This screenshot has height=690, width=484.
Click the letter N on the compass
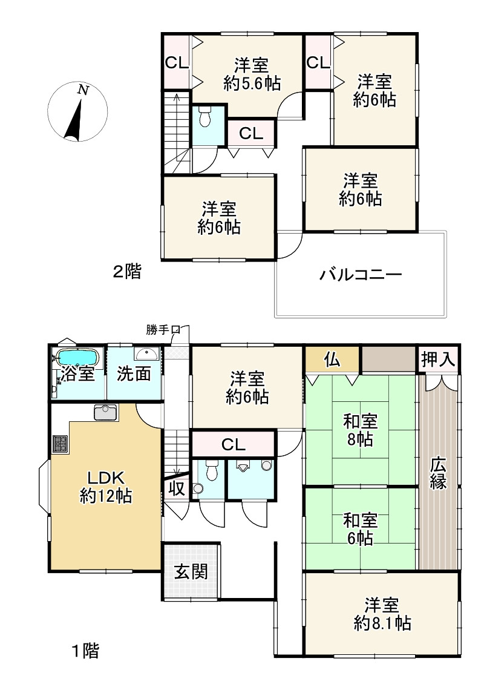click(x=83, y=91)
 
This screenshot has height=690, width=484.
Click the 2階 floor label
click(x=127, y=272)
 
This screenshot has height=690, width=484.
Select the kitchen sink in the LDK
click(x=106, y=412)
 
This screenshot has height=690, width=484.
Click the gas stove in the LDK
click(x=60, y=444)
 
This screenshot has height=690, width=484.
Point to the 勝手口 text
click(x=163, y=330)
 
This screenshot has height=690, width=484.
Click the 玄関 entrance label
click(x=191, y=571)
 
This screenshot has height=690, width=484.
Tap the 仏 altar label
click(x=333, y=360)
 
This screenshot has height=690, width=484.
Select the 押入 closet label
click(x=437, y=360)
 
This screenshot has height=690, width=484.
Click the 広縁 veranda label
click(x=439, y=474)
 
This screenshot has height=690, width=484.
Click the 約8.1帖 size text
click(x=382, y=622)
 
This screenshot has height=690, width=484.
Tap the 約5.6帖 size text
click(x=252, y=84)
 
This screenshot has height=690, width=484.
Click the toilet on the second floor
click(x=204, y=117)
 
